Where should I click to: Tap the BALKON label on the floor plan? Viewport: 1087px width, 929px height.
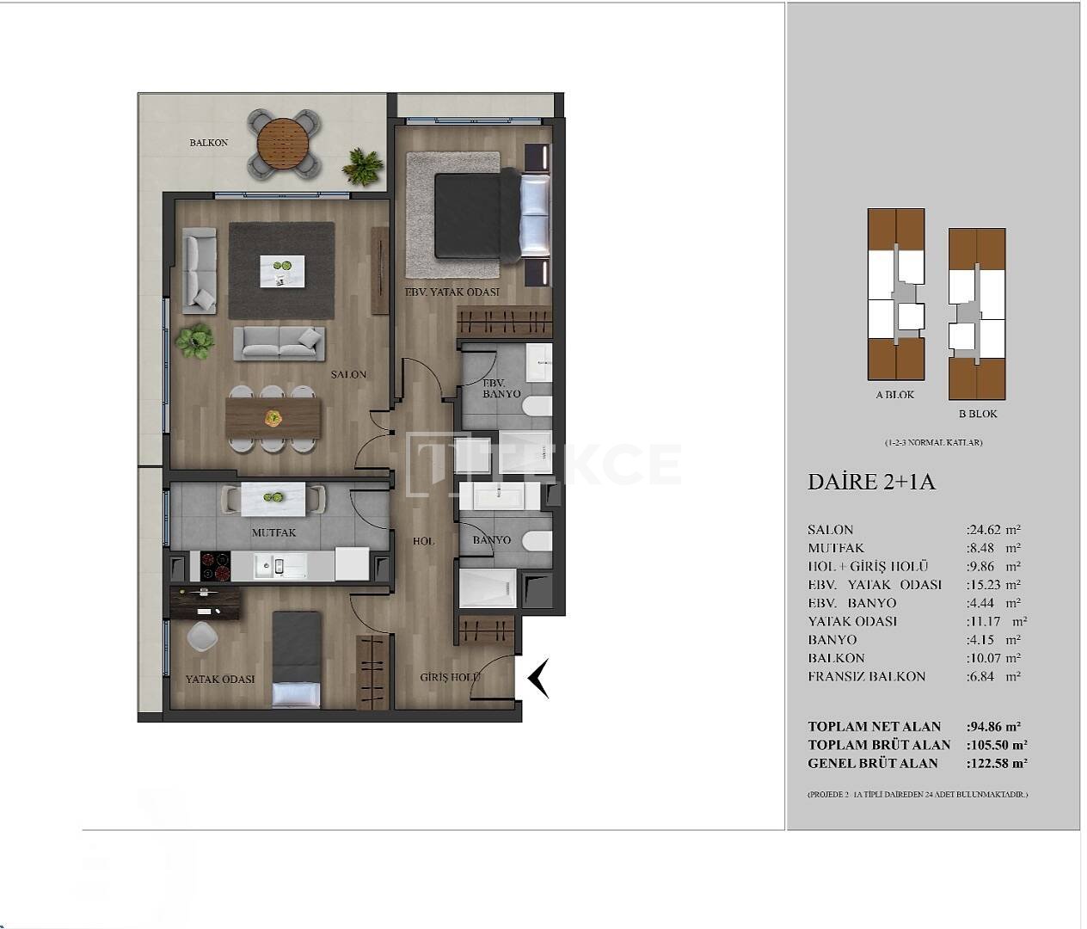[209, 143]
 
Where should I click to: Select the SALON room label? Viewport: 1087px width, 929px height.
[349, 375]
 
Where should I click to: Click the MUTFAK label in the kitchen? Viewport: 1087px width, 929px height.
[273, 533]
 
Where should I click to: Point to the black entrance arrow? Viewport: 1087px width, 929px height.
[538, 678]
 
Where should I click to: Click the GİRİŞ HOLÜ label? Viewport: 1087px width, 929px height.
[450, 677]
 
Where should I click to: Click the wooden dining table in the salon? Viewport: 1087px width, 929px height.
[273, 418]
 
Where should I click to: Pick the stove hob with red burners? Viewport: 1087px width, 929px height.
[215, 565]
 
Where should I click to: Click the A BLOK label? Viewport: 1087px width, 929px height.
[894, 395]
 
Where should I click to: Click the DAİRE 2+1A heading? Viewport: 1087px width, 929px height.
[870, 482]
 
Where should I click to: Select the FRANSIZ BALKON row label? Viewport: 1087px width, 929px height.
[866, 676]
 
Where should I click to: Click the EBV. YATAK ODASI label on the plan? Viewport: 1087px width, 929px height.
[452, 292]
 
